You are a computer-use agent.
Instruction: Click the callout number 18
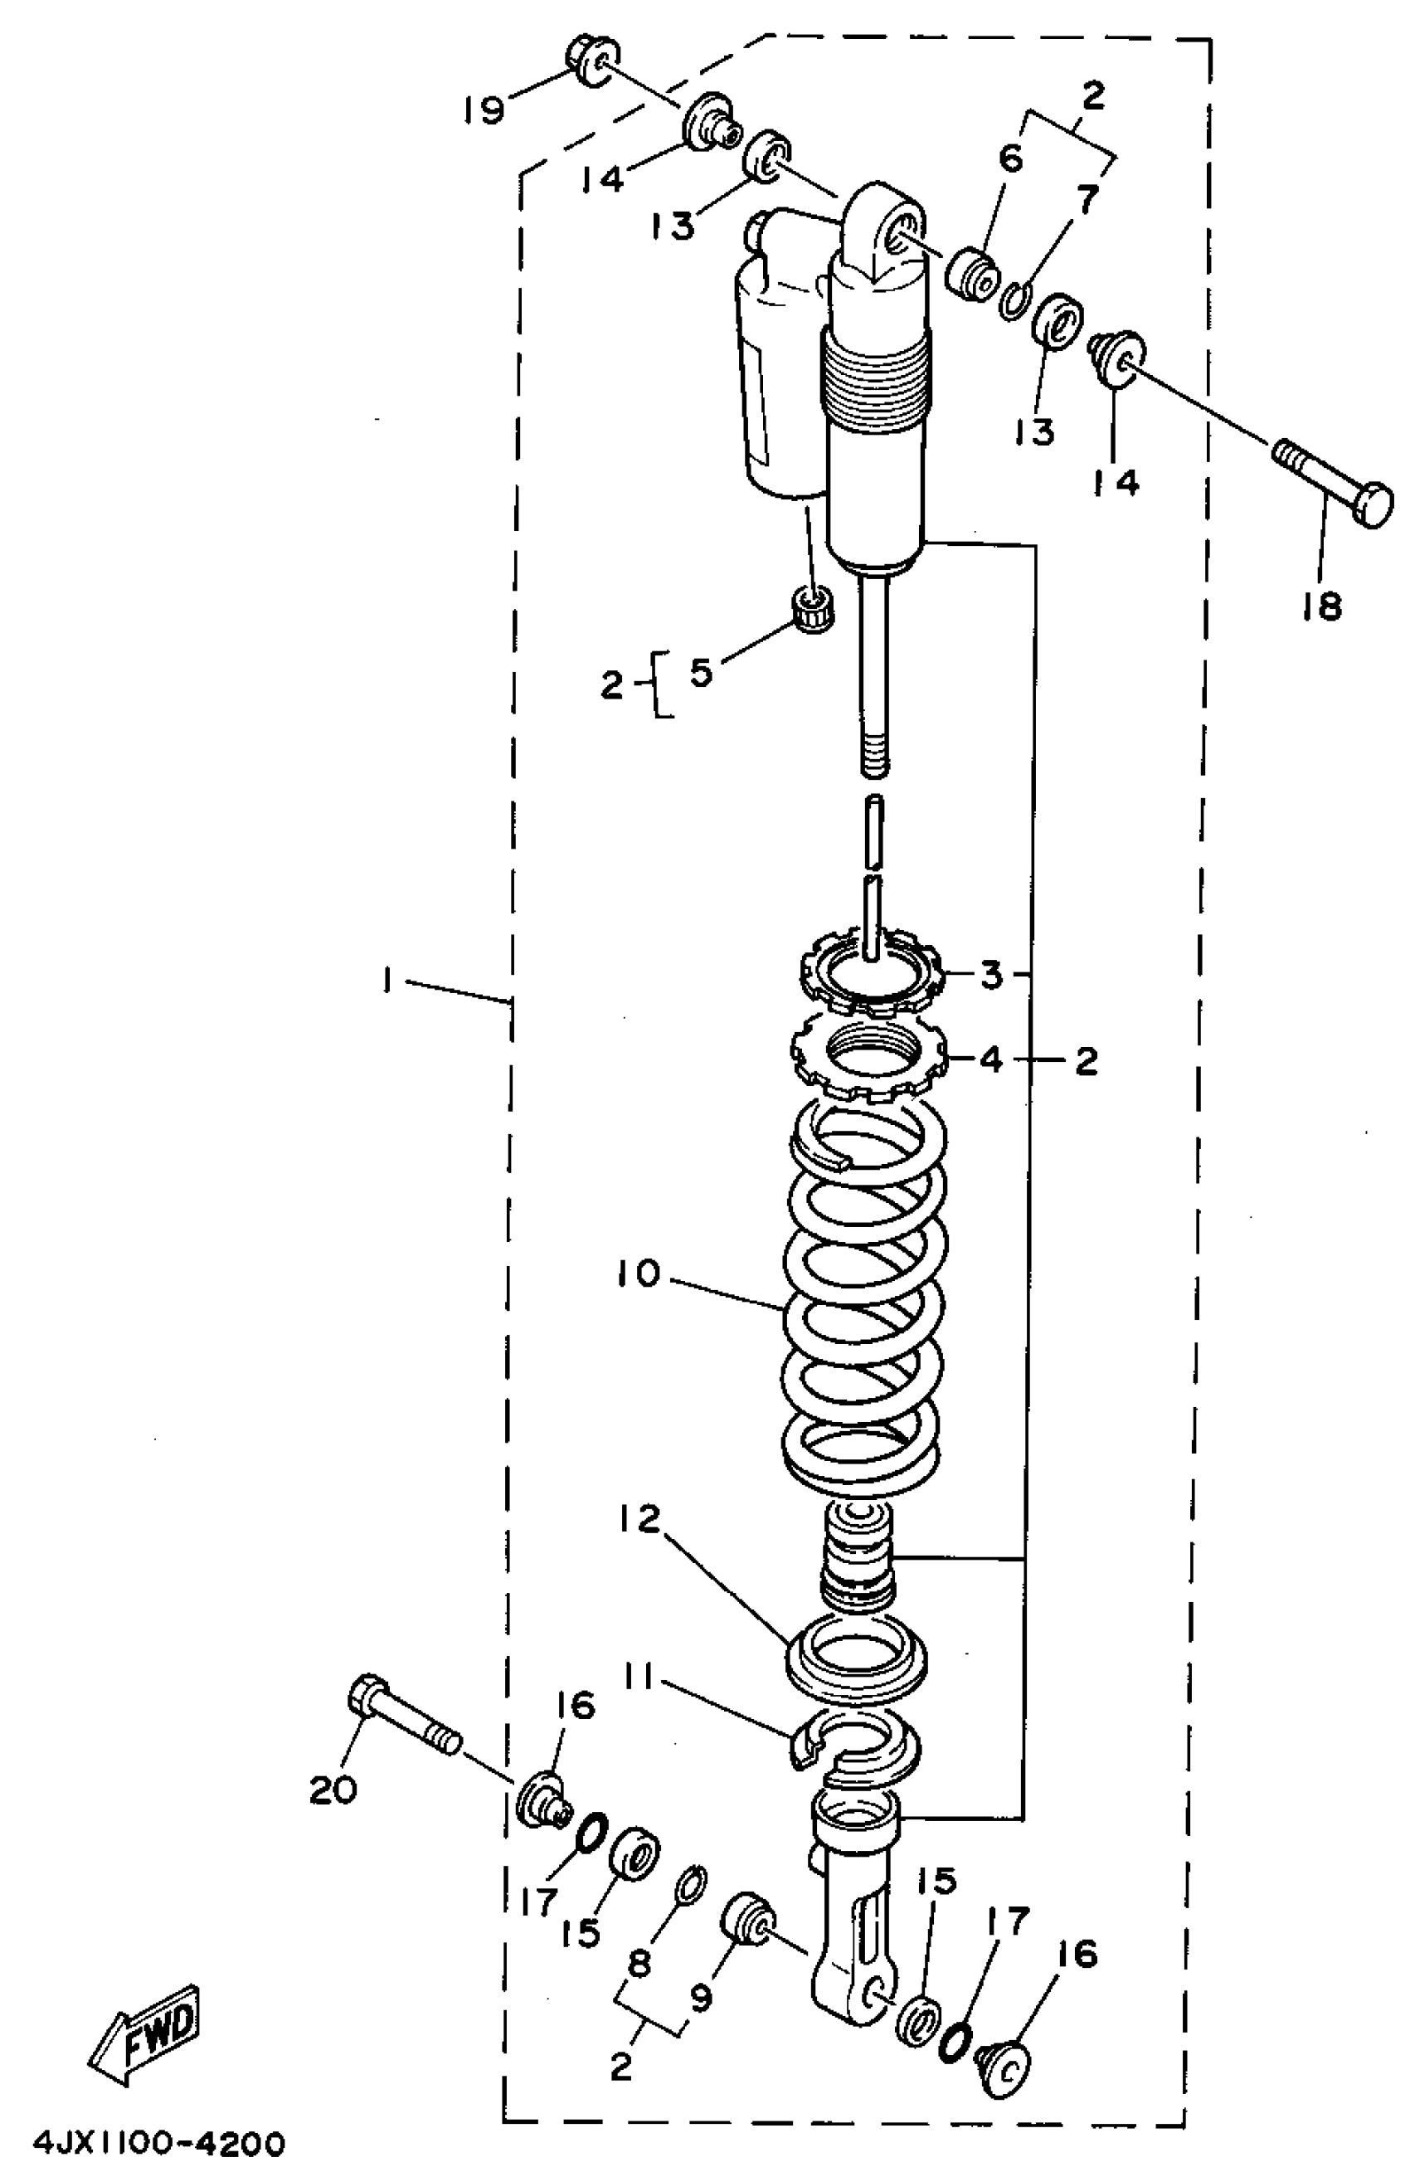tap(1321, 604)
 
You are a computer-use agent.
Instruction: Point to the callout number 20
tap(333, 1790)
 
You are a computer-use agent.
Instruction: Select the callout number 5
tap(700, 673)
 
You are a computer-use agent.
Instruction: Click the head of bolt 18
tap(1372, 504)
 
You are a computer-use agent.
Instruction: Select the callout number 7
tap(1085, 199)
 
